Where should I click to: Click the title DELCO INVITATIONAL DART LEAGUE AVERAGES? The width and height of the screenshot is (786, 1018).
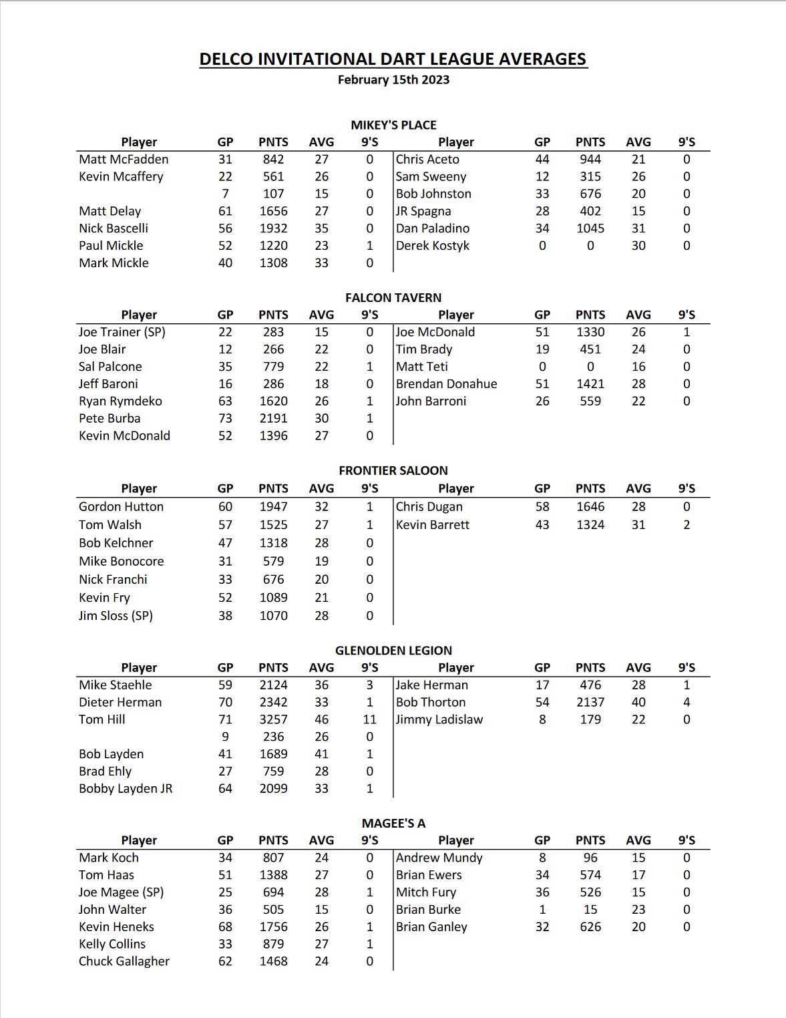pos(393,59)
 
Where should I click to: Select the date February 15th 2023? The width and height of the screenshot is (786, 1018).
pos(393,80)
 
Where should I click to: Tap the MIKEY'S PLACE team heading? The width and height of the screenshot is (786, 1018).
pos(393,125)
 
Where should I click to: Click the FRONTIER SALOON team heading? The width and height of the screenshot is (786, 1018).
pos(393,471)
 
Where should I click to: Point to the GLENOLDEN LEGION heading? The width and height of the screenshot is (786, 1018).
pos(393,651)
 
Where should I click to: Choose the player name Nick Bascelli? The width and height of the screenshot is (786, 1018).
pos(114,228)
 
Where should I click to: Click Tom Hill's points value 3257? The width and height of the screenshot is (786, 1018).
pos(273,719)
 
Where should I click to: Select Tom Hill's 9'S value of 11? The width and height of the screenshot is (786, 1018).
pos(369,719)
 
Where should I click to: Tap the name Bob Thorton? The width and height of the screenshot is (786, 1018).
pos(431,702)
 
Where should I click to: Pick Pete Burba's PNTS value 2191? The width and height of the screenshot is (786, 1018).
pos(273,419)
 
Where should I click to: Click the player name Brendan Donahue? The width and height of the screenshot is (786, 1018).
pos(446,384)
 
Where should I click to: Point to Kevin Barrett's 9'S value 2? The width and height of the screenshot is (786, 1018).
pos(686,525)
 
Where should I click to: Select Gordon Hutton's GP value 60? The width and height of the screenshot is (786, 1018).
pos(225,507)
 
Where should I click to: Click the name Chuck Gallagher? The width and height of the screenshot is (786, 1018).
pos(124,961)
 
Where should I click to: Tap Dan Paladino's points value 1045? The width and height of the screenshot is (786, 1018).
pos(590,228)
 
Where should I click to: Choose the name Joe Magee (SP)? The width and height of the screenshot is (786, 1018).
pos(121,892)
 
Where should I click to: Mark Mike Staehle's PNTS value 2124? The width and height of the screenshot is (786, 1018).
pos(273,685)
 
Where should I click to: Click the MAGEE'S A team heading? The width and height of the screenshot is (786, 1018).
pos(393,824)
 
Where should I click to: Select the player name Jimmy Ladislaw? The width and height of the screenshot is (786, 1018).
pos(439,719)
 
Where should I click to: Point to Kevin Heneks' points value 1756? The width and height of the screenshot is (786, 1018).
pos(273,927)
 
